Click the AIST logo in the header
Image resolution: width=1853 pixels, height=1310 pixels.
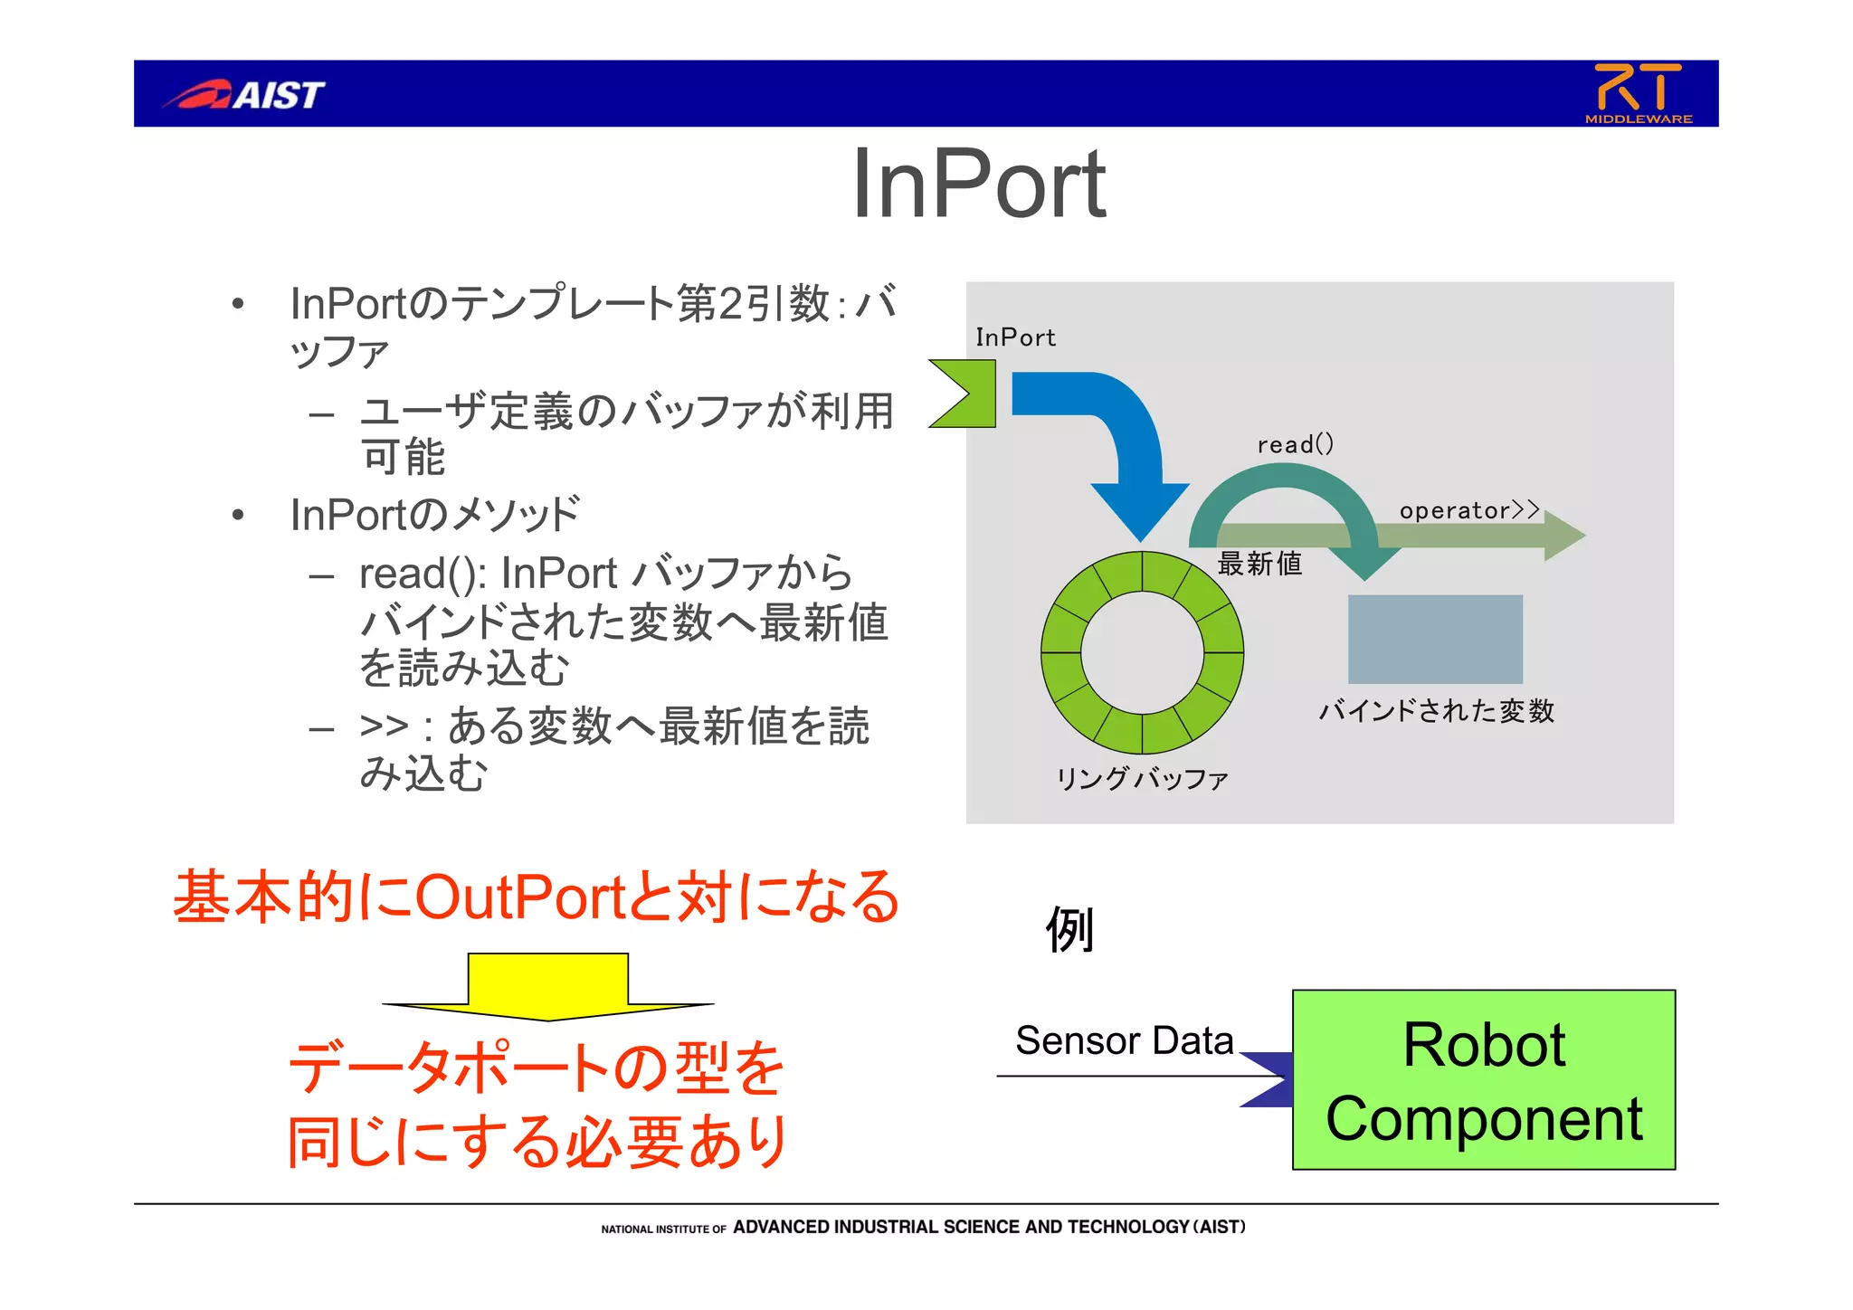pyautogui.click(x=244, y=94)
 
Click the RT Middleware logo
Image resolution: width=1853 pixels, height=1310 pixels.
pyautogui.click(x=1638, y=93)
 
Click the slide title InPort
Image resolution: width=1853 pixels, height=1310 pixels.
pyautogui.click(x=978, y=185)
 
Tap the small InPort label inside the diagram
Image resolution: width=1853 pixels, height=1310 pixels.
pyautogui.click(x=1015, y=337)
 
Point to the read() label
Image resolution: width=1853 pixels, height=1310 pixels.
pyautogui.click(x=1295, y=444)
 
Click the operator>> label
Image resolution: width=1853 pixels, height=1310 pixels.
pyautogui.click(x=1468, y=510)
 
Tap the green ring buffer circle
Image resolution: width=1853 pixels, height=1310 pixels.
pyautogui.click(x=1059, y=651)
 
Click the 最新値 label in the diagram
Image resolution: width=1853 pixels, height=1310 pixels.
pyautogui.click(x=1259, y=564)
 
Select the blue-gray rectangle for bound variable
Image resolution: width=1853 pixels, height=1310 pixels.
pyautogui.click(x=1435, y=639)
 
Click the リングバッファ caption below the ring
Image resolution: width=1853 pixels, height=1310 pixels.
pyautogui.click(x=1142, y=778)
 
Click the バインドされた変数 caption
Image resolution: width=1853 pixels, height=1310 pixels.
pyautogui.click(x=1436, y=710)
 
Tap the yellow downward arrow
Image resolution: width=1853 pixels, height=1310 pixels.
pyautogui.click(x=548, y=986)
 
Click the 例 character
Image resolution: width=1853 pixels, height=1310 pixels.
pyautogui.click(x=1070, y=929)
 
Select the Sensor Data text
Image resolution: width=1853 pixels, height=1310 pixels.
pyautogui.click(x=1124, y=1040)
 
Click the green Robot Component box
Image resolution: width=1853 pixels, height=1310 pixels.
pyautogui.click(x=1484, y=1080)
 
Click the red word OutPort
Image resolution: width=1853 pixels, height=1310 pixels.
pyautogui.click(x=521, y=897)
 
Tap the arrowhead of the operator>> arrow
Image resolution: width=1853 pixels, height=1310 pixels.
pyautogui.click(x=1565, y=535)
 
